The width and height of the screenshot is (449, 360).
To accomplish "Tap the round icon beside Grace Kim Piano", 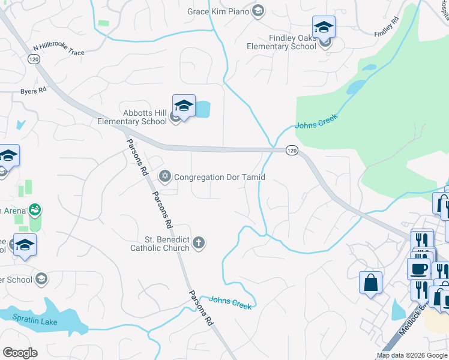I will pyautogui.click(x=258, y=11).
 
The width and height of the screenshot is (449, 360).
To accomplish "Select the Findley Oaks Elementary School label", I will pyautogui.click(x=292, y=42).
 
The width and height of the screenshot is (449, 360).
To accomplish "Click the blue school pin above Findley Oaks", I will pyautogui.click(x=324, y=28).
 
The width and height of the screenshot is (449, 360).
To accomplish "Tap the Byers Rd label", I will pyautogui.click(x=34, y=91).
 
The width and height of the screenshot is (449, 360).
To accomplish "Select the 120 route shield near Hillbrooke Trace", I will pyautogui.click(x=34, y=59).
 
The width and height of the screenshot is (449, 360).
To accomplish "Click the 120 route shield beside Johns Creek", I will pyautogui.click(x=291, y=150).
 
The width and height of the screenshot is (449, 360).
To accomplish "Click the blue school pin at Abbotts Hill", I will pyautogui.click(x=184, y=107).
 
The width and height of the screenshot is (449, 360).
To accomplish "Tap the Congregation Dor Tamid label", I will pyautogui.click(x=219, y=177).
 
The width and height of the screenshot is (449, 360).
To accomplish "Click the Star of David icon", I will pyautogui.click(x=164, y=176).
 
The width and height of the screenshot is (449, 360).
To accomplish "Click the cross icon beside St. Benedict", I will pyautogui.click(x=199, y=243).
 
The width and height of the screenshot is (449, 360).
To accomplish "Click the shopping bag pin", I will pyautogui.click(x=370, y=282).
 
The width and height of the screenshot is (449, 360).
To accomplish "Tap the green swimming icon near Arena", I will pyautogui.click(x=35, y=209).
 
